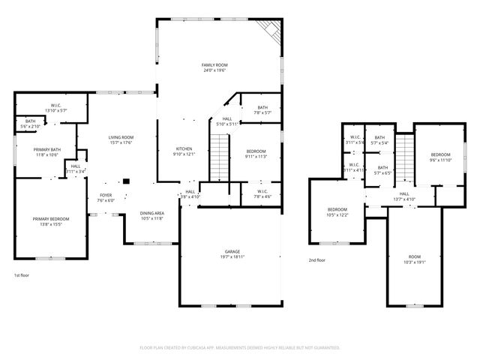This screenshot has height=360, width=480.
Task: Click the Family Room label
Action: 214,65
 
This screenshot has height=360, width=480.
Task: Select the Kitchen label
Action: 184,148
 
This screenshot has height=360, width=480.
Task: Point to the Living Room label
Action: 120,137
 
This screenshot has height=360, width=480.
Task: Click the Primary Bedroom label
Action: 46,218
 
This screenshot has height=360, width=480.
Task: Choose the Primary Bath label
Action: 46,149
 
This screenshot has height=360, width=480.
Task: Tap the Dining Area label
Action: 152,213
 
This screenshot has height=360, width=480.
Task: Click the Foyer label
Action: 106,195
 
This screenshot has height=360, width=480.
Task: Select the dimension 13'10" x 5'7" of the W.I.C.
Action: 56,111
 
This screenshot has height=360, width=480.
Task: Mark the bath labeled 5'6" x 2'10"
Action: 30,127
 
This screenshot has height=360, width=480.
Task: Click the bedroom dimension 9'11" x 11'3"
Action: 256,157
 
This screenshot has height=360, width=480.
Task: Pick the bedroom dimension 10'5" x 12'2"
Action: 337,215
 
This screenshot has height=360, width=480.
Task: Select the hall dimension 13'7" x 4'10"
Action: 404,199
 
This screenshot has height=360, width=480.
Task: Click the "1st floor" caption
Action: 22,275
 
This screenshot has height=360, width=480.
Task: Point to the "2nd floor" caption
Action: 317,260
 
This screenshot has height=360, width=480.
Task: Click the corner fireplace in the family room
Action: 269,30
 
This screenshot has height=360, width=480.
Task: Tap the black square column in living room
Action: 127,180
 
